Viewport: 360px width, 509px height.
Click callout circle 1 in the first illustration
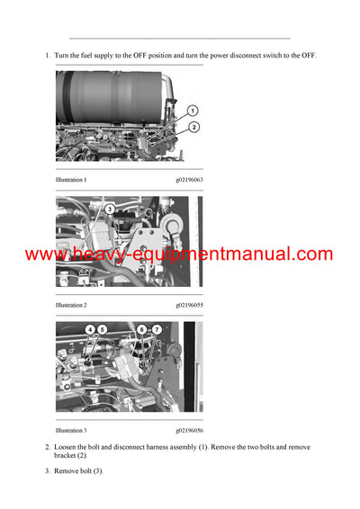pos(192,112)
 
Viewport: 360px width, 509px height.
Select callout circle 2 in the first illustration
pos(193,128)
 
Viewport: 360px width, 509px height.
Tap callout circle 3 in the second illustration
pos(109,209)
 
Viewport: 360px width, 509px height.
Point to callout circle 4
pos(90,330)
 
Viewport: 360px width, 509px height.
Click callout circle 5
pos(102,330)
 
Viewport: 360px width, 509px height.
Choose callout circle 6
pos(141,330)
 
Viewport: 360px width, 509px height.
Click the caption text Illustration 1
pos(71,180)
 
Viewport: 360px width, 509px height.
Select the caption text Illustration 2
pos(71,305)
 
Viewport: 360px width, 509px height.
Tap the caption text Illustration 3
pos(71,430)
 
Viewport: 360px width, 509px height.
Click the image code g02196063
pos(189,180)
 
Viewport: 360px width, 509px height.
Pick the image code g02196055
pos(189,305)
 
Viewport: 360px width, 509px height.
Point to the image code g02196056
pos(189,430)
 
